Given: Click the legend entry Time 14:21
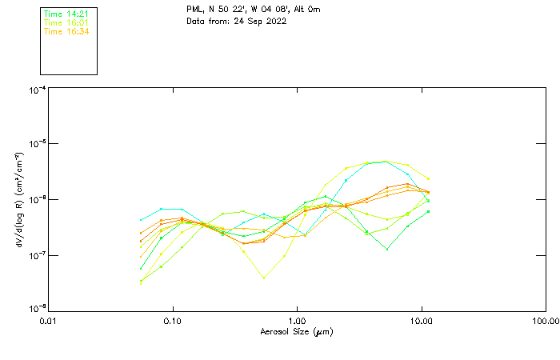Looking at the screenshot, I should pyautogui.click(x=66, y=14).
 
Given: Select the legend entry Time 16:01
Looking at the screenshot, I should pyautogui.click(x=66, y=22).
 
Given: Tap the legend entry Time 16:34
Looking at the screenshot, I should pyautogui.click(x=66, y=31).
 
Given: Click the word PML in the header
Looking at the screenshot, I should pyautogui.click(x=194, y=10).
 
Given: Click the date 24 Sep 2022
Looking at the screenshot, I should pyautogui.click(x=260, y=21).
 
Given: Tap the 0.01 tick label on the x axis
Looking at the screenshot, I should pyautogui.click(x=48, y=321).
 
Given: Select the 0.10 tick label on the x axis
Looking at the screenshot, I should pyautogui.click(x=172, y=321).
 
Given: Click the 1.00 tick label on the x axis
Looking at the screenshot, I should pyautogui.click(x=297, y=321).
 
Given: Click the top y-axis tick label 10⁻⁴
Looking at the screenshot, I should pyautogui.click(x=37, y=90).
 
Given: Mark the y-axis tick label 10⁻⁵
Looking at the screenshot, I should pyautogui.click(x=37, y=144).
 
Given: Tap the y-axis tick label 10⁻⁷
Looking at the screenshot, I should pyautogui.click(x=37, y=255).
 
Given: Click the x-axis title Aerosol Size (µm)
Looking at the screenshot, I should pyautogui.click(x=296, y=331).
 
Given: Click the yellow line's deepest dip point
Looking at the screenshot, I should pyautogui.click(x=264, y=278).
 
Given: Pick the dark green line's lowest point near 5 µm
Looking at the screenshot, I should pyautogui.click(x=387, y=249).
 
